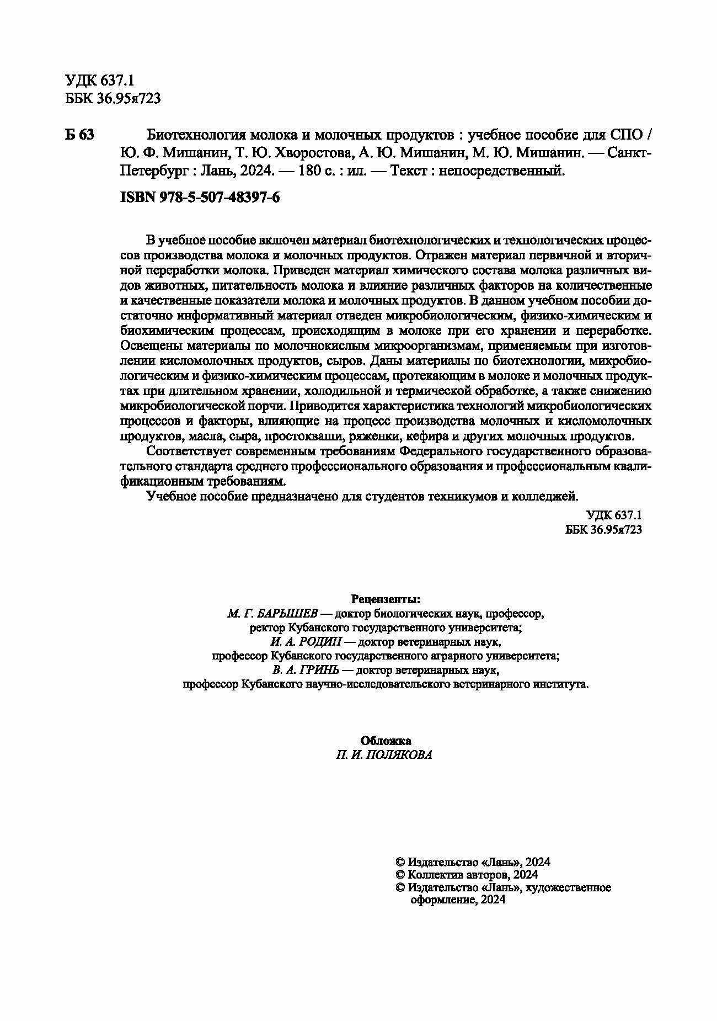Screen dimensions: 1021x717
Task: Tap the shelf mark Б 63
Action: point(79,135)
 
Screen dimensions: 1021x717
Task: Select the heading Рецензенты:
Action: point(386,599)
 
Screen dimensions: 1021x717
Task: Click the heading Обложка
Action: point(386,741)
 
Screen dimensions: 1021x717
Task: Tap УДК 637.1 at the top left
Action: point(100,81)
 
